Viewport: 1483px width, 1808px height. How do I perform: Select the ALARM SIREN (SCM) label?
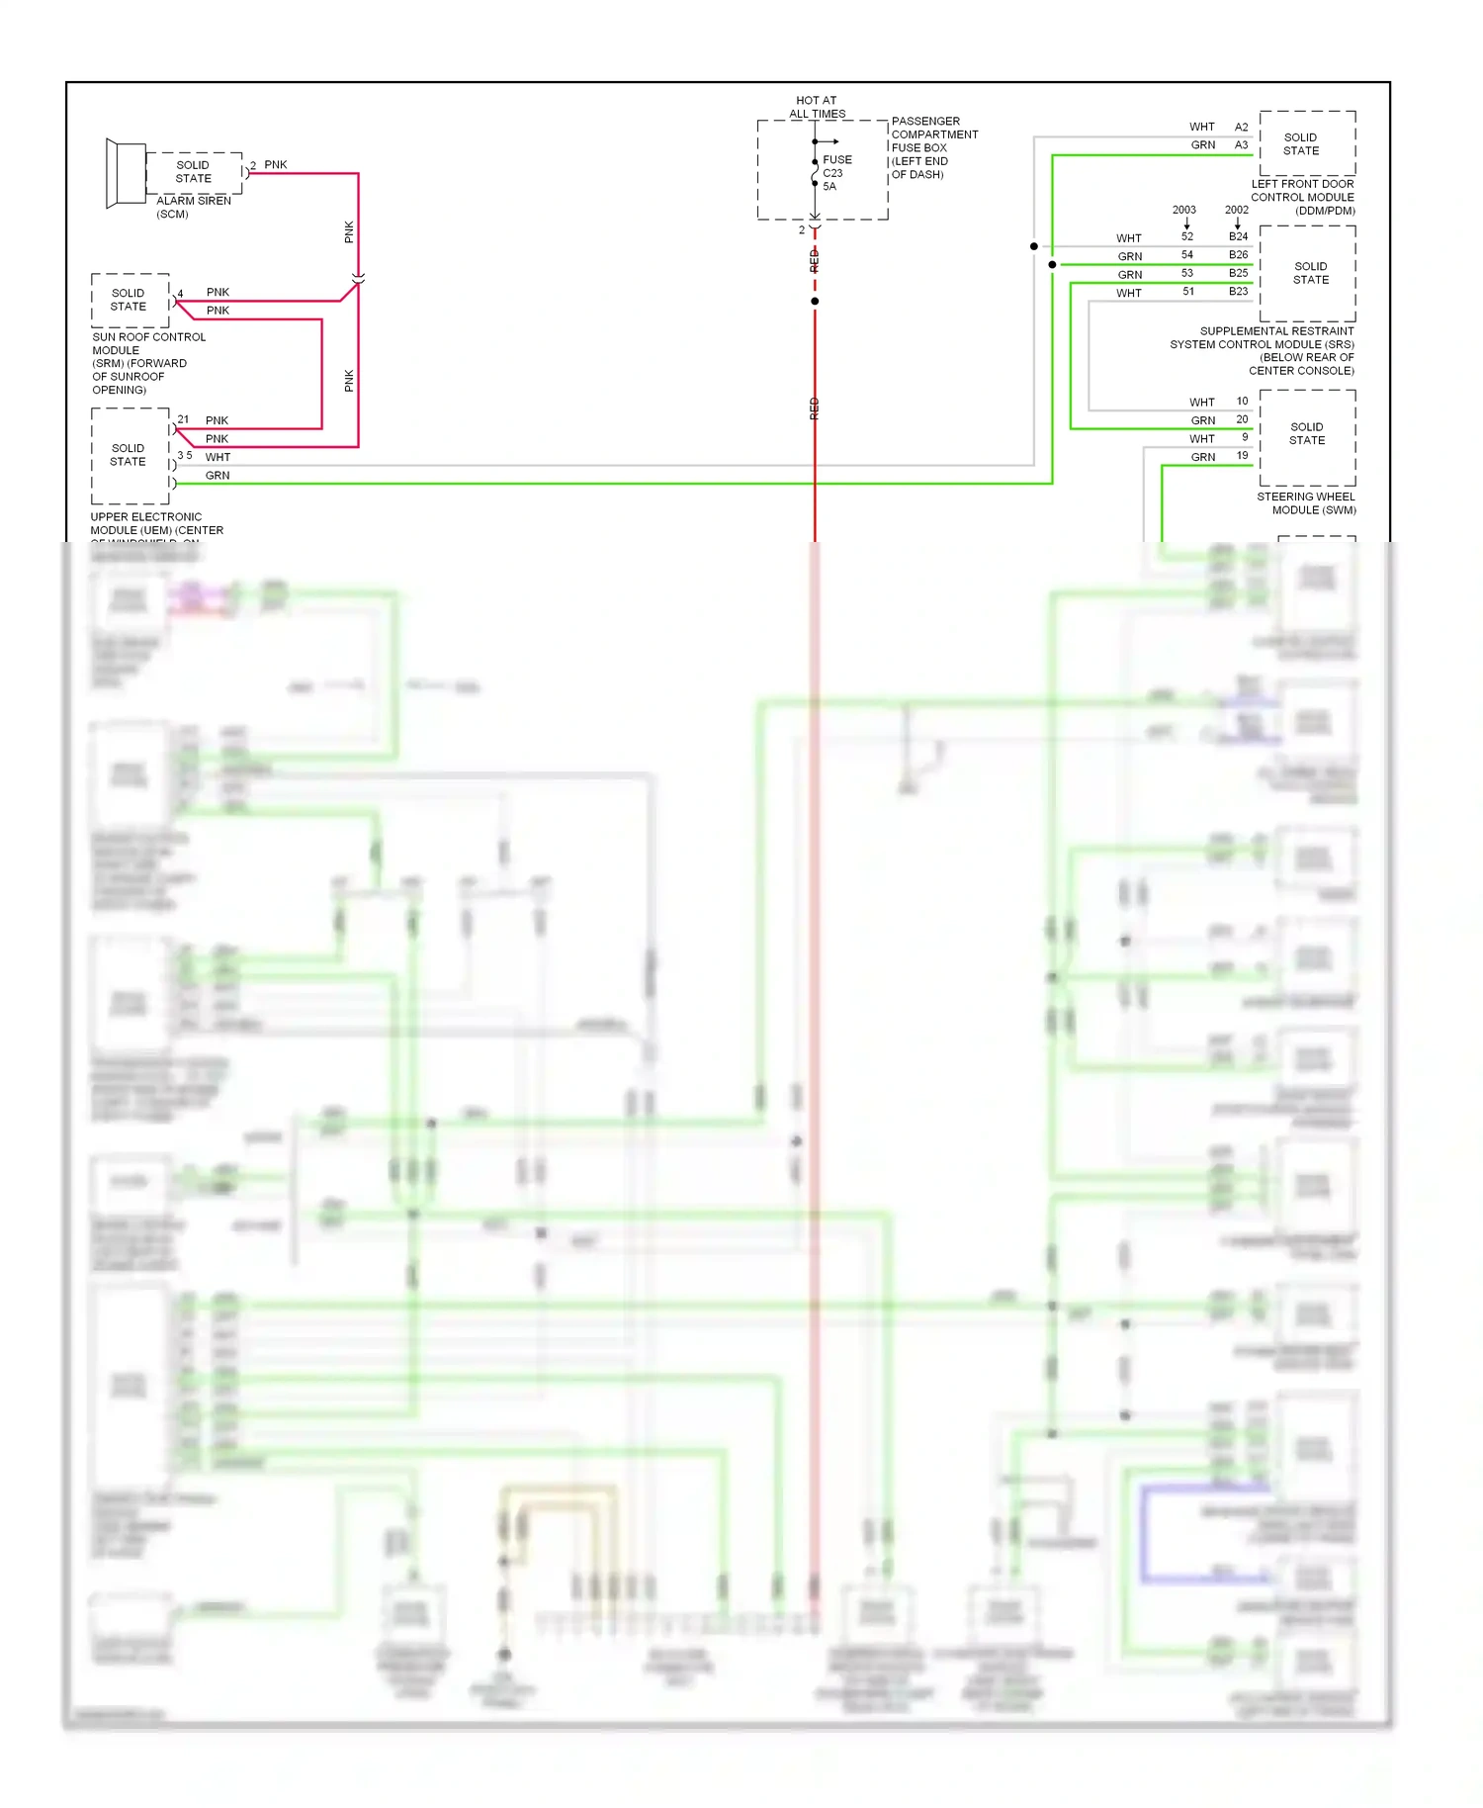193,207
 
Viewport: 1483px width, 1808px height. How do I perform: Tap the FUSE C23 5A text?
835,172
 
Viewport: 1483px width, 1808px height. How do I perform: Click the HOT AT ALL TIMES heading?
817,107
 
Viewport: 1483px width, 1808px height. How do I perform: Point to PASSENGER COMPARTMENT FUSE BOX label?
933,147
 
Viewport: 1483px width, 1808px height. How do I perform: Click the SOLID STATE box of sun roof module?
130,300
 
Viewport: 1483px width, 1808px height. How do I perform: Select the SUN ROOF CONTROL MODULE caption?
147,363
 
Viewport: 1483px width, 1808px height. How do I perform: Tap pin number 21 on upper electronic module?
183,419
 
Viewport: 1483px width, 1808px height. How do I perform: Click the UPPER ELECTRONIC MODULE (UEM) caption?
156,524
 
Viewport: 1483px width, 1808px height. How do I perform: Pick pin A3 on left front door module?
1241,144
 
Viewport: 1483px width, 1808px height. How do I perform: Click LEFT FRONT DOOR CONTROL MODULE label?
1302,197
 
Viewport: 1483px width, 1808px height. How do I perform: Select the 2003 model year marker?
1183,210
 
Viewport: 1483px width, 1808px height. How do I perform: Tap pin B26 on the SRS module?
1238,255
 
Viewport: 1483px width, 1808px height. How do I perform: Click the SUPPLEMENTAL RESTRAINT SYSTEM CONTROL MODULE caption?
1263,350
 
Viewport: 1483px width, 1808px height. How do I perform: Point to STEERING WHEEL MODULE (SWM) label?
1306,503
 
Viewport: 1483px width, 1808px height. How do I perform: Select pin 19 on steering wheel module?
1242,456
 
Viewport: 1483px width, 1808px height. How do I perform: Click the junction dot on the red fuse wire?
815,301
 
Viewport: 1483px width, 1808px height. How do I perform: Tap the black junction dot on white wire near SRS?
1034,246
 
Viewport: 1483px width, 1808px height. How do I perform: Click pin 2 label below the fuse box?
802,230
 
